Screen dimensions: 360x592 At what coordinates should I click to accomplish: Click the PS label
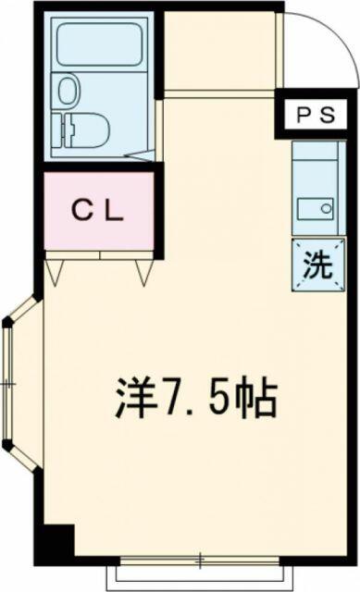pyautogui.click(x=316, y=115)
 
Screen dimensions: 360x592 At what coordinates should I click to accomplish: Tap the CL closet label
pyautogui.click(x=98, y=212)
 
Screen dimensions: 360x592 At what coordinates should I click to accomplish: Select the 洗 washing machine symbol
pyautogui.click(x=318, y=265)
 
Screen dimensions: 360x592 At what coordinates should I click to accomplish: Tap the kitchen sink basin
pyautogui.click(x=315, y=208)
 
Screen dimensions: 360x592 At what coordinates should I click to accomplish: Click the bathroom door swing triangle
pyautogui.click(x=140, y=155)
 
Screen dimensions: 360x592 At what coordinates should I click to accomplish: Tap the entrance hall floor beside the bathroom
pyautogui.click(x=220, y=51)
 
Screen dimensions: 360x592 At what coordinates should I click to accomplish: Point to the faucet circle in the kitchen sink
pyautogui.click(x=325, y=208)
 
